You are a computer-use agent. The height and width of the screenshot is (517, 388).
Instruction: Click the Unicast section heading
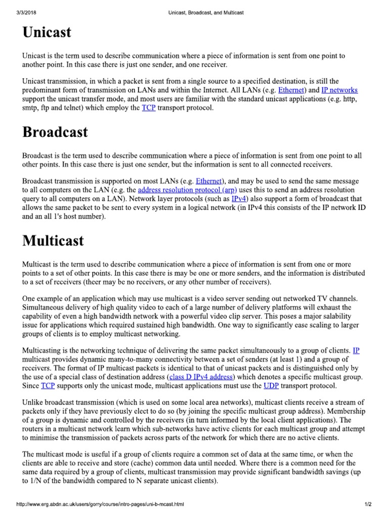pos(47,33)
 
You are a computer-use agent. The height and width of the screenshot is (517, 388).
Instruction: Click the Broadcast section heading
pos(55,132)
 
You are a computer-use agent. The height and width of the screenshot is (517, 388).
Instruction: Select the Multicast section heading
pos(53,241)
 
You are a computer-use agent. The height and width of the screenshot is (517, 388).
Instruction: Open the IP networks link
pos(339,90)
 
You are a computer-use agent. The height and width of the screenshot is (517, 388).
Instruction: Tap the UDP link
pos(271,386)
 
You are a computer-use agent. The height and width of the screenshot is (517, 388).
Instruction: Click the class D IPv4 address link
pos(202,377)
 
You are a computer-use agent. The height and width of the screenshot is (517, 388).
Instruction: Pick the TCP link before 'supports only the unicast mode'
pos(47,386)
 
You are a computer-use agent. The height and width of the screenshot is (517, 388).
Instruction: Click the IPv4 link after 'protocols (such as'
pos(238,199)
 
